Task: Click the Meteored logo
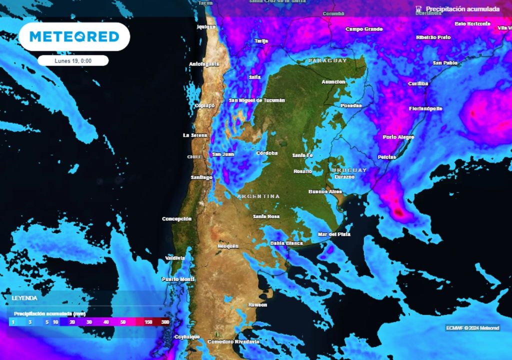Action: tap(74, 36)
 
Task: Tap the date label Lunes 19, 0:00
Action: tap(73, 60)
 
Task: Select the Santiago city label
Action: tap(201, 177)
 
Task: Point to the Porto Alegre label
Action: tap(398, 137)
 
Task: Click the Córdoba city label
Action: tap(266, 153)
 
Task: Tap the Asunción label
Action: tap(333, 81)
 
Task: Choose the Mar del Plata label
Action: tap(334, 234)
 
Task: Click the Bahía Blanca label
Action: tap(286, 243)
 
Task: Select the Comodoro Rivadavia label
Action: tap(233, 341)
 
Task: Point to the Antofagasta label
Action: tap(204, 64)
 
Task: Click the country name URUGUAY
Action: tap(349, 170)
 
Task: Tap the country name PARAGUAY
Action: tap(327, 60)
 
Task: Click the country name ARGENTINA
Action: tap(258, 196)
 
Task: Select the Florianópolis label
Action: tap(425, 108)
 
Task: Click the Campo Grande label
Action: tap(364, 29)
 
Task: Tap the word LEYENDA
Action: tap(24, 298)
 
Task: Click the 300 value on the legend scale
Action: tap(165, 322)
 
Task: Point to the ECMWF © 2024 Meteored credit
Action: tap(472, 328)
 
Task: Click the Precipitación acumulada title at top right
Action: tap(462, 9)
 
